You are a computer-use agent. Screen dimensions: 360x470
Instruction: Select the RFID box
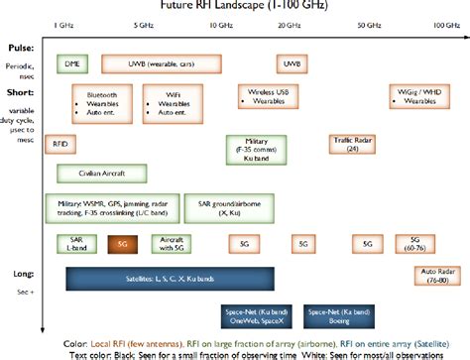(59, 143)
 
